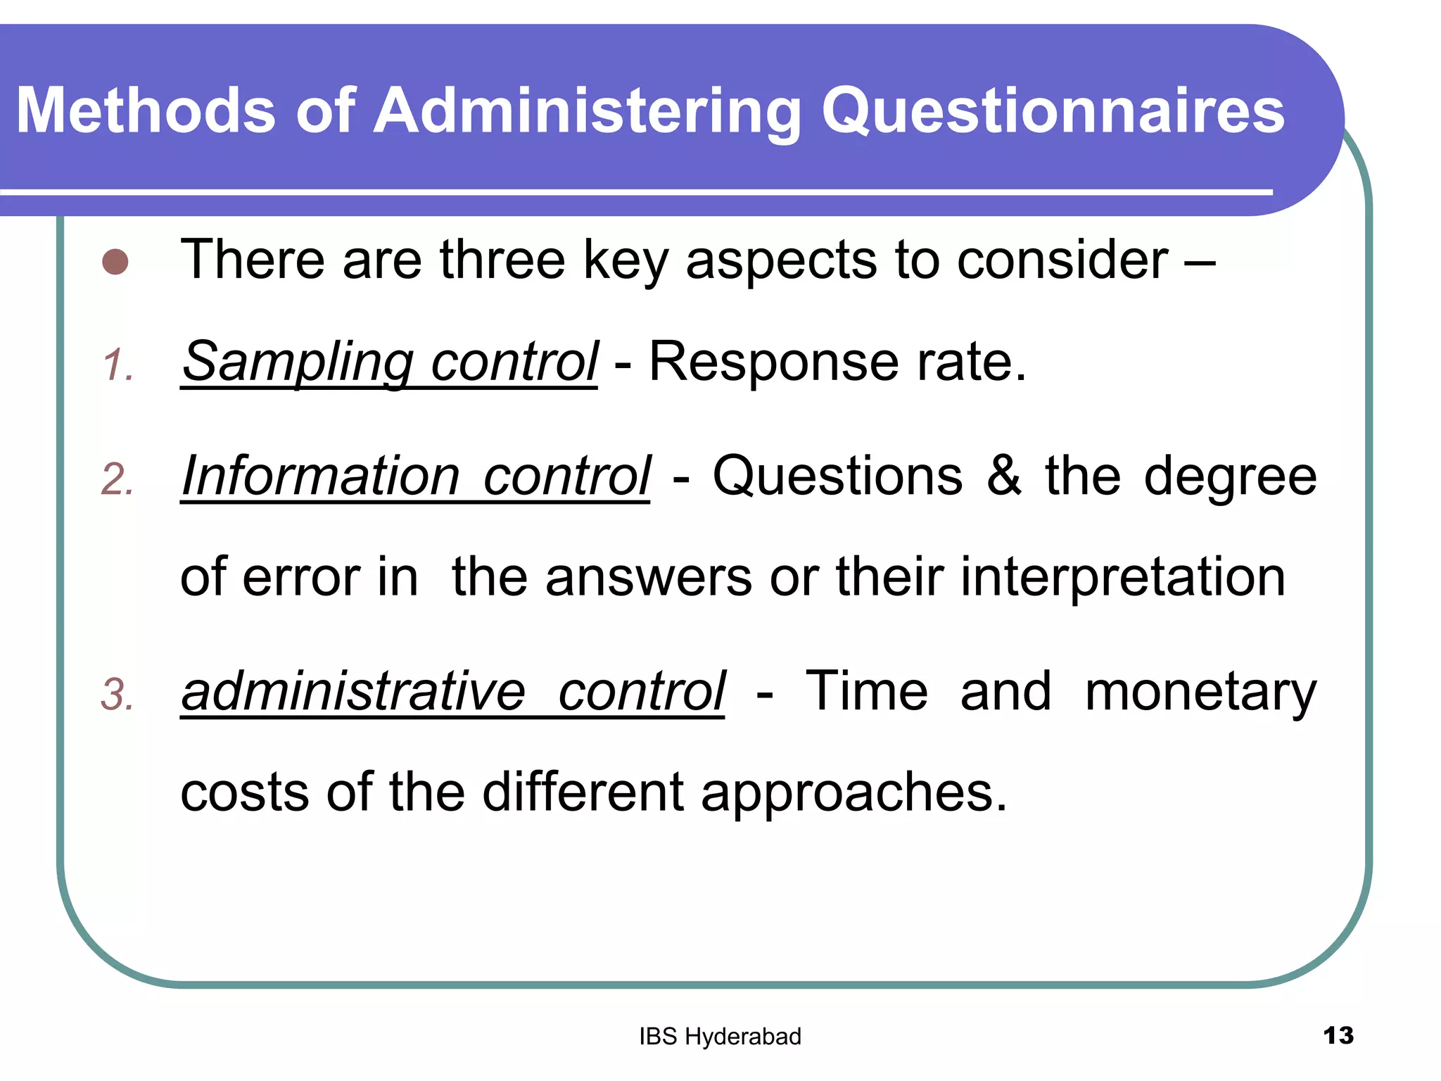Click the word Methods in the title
pos(146,110)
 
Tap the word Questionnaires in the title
pos(1053,110)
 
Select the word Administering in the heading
pos(587,110)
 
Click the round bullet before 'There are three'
pos(115,262)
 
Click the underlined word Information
pos(321,476)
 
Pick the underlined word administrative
pos(353,691)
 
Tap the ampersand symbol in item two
pos(1004,476)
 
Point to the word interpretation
pos(1123,577)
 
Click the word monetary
pos(1200,693)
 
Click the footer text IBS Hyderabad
pos(720,1037)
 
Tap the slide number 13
pos(1338,1036)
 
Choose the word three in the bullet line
pos(502,260)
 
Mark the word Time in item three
pos(866,691)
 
